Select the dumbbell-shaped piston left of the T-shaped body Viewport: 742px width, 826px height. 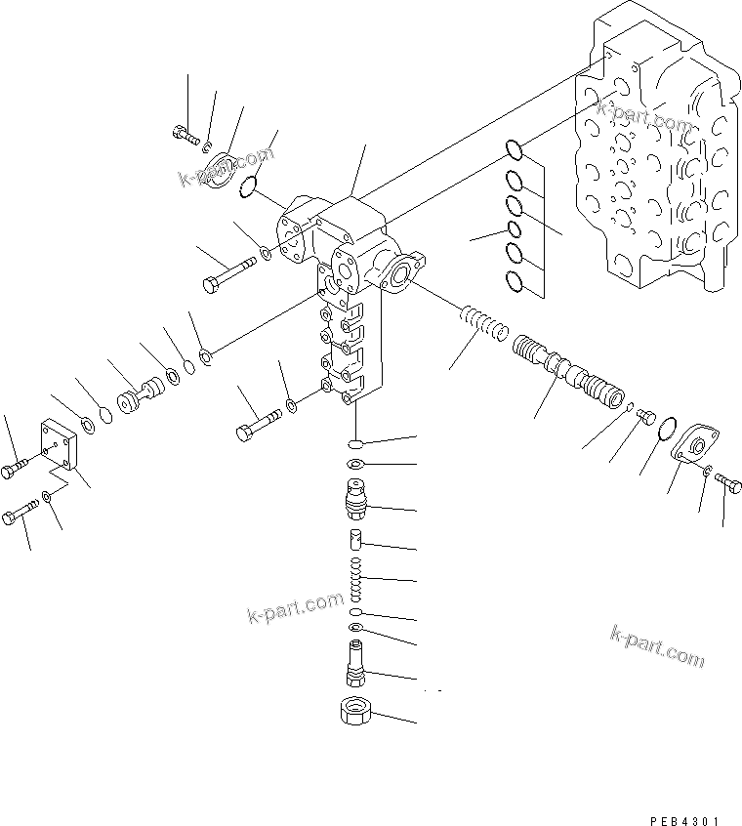tap(140, 396)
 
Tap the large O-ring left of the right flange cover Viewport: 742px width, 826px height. tap(667, 429)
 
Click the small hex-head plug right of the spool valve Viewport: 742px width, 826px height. tap(645, 418)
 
